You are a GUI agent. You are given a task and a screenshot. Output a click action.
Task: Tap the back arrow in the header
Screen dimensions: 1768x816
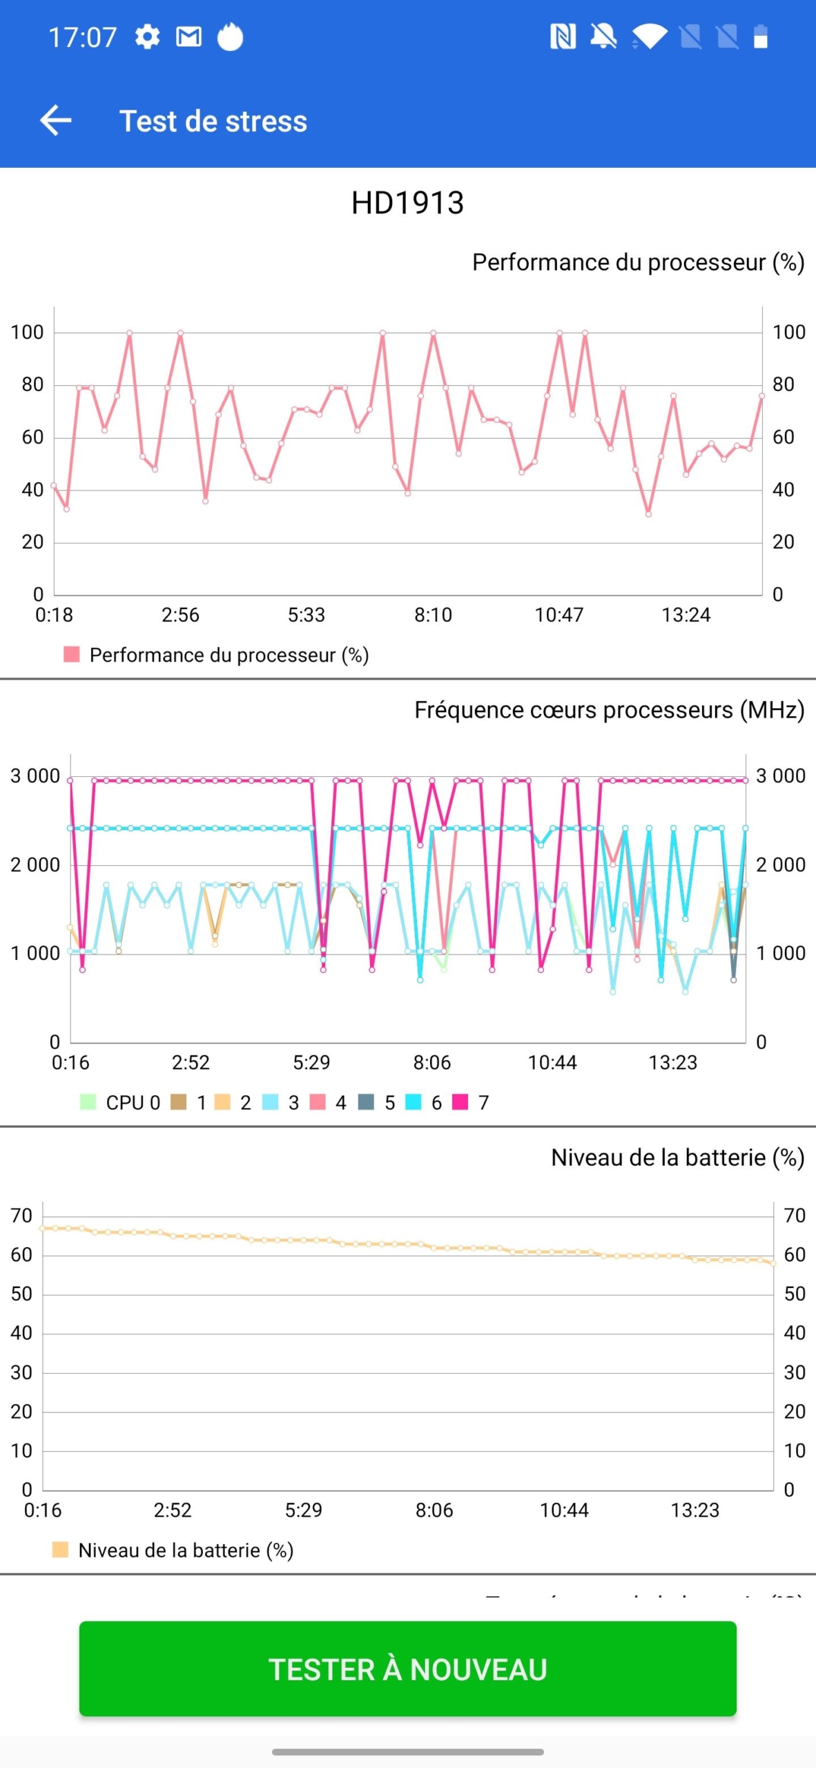(x=56, y=120)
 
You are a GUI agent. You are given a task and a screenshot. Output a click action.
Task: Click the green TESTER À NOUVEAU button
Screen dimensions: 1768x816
(x=407, y=1669)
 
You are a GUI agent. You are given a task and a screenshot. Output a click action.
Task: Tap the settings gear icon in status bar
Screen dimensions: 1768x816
(x=147, y=37)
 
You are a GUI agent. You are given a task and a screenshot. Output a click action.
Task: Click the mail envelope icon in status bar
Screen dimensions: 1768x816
(x=188, y=37)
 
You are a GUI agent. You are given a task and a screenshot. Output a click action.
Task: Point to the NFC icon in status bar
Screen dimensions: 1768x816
(x=563, y=37)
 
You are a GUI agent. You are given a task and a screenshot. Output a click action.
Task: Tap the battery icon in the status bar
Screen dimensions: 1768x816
(x=760, y=37)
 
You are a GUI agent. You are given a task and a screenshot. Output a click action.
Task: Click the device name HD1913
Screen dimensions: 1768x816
(x=407, y=203)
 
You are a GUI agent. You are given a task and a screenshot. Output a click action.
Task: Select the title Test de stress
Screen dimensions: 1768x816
(x=213, y=121)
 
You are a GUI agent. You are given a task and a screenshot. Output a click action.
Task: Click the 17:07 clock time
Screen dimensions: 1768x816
(x=82, y=37)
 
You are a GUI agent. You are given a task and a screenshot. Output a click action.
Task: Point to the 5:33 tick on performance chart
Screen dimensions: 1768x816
(x=306, y=615)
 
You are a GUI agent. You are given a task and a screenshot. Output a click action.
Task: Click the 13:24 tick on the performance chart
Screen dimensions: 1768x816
(x=686, y=615)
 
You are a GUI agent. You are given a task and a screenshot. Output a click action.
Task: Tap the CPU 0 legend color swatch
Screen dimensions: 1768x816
(x=88, y=1102)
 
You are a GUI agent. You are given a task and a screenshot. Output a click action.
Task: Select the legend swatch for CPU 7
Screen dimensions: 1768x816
(x=460, y=1102)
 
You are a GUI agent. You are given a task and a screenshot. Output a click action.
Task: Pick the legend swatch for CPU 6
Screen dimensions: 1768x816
(x=414, y=1102)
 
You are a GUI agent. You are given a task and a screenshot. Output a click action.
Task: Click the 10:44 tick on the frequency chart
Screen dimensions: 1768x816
(x=552, y=1062)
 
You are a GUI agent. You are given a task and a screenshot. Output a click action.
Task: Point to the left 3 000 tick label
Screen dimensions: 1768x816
(x=35, y=776)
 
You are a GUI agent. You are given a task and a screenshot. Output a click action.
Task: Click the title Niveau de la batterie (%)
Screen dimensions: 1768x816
(x=677, y=1157)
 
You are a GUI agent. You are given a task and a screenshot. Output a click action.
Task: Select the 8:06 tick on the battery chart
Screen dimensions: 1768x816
(x=434, y=1510)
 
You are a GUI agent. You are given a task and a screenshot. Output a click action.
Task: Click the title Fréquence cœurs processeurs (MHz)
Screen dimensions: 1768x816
(x=609, y=710)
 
